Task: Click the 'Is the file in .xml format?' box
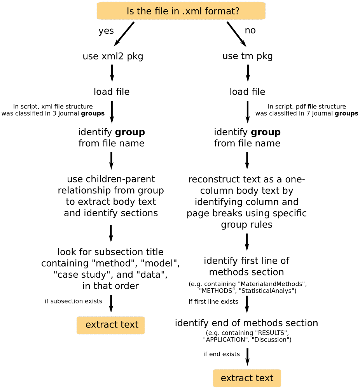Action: tap(181, 11)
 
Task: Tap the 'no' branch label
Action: tap(250, 30)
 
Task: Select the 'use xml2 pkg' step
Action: tap(113, 56)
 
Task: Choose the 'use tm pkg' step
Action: tap(247, 56)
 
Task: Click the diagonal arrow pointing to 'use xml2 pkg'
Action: tap(124, 34)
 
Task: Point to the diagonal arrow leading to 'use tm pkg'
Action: tap(236, 34)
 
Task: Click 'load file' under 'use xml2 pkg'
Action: tap(112, 92)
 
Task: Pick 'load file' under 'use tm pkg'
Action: tap(247, 92)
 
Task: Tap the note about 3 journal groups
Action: tap(53, 110)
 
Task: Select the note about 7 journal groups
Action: tap(307, 110)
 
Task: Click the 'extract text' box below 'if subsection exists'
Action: tap(110, 325)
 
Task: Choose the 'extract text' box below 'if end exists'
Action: tap(247, 378)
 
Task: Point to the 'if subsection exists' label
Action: tap(73, 301)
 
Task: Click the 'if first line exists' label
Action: tap(213, 302)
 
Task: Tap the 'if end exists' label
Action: tap(222, 354)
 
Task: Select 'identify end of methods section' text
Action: tap(246, 323)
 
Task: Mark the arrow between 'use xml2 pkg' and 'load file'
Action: tap(112, 73)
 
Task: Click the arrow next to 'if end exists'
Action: tap(247, 357)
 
